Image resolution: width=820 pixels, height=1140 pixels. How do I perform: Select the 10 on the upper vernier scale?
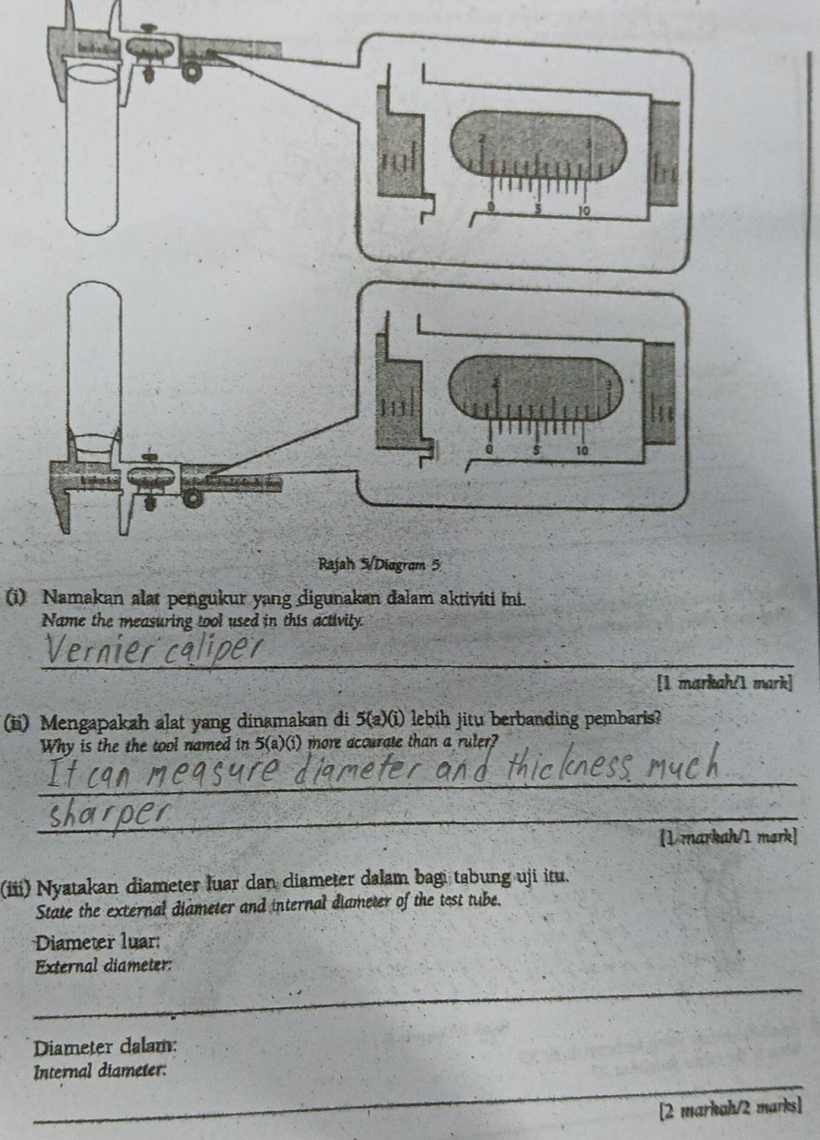[582, 208]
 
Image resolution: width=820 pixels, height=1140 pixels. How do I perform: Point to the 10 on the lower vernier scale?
[582, 450]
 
